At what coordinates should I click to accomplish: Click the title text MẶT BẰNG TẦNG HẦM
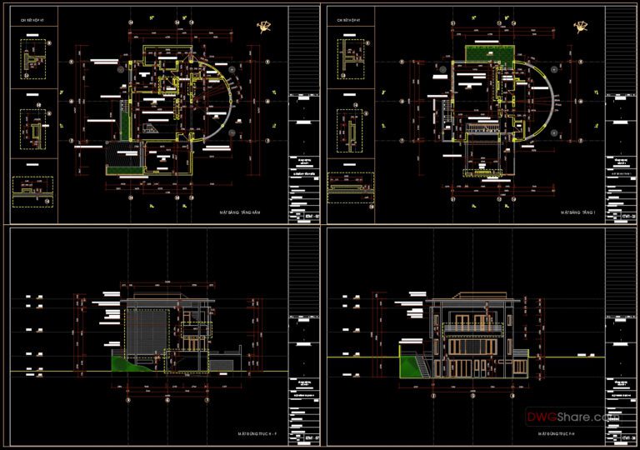pos(242,213)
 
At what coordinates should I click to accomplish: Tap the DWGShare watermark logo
pos(570,415)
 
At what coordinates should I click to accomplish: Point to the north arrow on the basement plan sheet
pos(266,27)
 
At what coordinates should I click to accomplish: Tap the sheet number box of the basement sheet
pos(302,215)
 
